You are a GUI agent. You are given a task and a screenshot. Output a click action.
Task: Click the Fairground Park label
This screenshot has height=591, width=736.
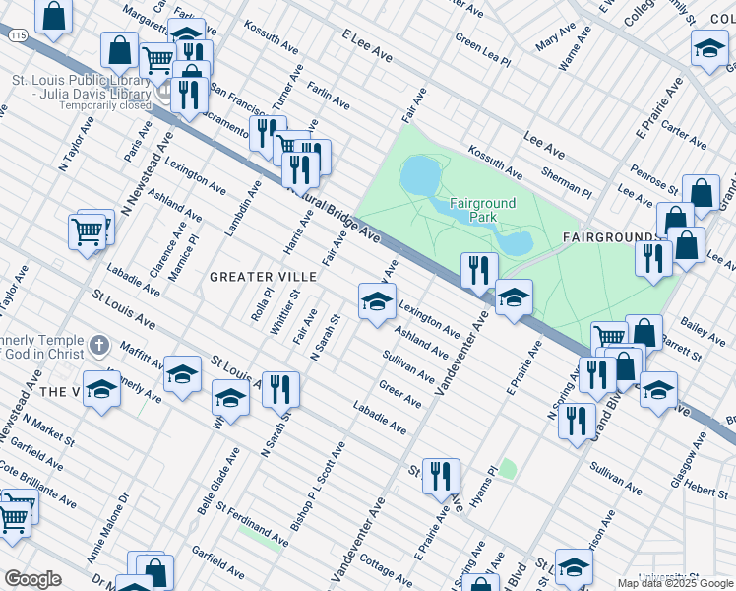point(482,209)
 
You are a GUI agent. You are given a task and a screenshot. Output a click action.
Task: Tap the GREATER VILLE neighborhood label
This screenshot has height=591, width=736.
point(263,277)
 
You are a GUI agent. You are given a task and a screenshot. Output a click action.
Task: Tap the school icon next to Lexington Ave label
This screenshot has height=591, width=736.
point(377,302)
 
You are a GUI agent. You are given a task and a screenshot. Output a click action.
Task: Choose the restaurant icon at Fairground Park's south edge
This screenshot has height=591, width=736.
point(479,272)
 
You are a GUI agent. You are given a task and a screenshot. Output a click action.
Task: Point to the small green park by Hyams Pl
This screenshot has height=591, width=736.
point(507,468)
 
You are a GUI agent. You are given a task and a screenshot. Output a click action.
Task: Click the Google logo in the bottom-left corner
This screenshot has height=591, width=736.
point(32,579)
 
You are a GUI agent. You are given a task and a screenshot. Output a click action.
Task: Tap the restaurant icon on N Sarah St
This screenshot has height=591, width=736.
point(280,390)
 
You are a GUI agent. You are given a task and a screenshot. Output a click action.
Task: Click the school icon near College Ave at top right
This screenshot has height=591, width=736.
point(708,49)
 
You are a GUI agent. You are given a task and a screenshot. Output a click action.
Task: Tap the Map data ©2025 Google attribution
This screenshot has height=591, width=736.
point(675,583)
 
